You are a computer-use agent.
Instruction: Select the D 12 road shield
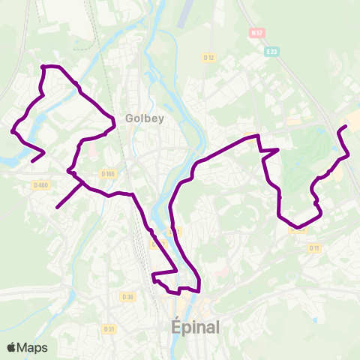click(208, 58)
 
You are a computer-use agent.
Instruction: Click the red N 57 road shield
click(257, 34)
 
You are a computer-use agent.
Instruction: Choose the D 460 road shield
click(40, 184)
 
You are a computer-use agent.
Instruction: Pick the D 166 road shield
click(107, 174)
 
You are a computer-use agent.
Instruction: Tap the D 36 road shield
click(127, 296)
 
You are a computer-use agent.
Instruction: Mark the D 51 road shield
click(109, 328)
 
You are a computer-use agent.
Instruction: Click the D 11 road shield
click(313, 247)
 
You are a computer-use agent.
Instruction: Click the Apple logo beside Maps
click(12, 347)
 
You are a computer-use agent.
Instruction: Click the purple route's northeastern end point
click(345, 126)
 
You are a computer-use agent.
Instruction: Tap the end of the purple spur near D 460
click(57, 208)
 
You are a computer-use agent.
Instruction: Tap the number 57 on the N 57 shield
click(260, 34)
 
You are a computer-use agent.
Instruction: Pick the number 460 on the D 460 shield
click(43, 184)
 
